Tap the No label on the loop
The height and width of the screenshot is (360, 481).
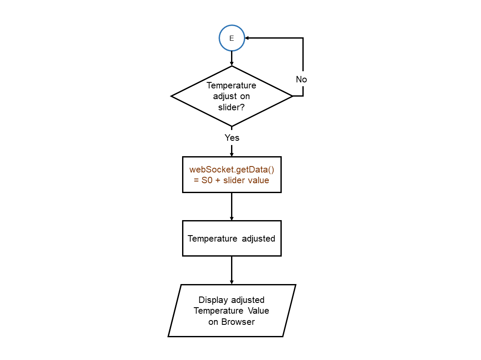(301, 79)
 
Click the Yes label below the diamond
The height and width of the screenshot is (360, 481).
(232, 138)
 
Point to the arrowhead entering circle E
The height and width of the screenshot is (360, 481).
(247, 38)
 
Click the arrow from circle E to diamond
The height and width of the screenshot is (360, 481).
(231, 58)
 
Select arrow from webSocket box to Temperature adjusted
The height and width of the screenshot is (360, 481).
(231, 206)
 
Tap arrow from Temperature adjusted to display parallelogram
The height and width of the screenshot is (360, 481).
(231, 270)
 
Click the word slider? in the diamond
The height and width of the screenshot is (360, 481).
(231, 107)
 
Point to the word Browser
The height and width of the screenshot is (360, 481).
(238, 322)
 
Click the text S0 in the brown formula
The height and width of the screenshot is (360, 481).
(207, 180)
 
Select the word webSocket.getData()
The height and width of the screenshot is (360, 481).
(231, 169)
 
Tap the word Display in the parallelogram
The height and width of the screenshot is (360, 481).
(213, 299)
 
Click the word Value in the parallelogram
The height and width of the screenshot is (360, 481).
(259, 311)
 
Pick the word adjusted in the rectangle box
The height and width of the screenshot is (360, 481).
(258, 239)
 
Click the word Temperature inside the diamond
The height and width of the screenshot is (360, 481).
(231, 85)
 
